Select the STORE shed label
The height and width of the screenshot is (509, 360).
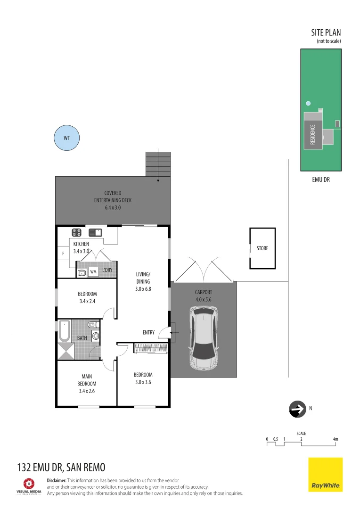[262, 248]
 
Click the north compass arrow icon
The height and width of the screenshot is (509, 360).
[297, 410]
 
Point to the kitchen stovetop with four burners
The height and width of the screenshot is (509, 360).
[76, 232]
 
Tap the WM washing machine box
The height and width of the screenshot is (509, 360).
[93, 272]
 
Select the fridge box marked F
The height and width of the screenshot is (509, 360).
[63, 254]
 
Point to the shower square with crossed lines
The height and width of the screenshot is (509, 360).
[66, 351]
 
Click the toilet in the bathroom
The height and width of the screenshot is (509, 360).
[93, 324]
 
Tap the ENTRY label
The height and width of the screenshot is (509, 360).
[148, 333]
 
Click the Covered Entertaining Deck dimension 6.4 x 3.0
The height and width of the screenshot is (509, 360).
[113, 207]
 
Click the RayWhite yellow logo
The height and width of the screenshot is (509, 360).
[325, 474]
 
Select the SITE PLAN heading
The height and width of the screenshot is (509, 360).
[326, 33]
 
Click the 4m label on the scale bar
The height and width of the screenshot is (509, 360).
[335, 439]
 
